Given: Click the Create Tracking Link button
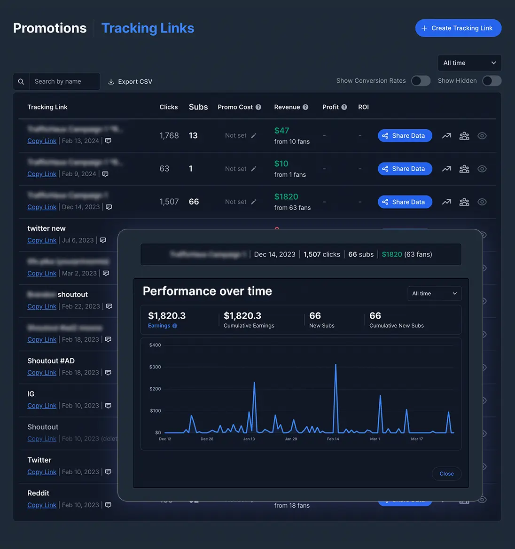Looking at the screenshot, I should click(458, 28).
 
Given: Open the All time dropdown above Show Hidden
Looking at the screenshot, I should click(469, 63).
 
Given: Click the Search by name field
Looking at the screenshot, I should click(64, 81).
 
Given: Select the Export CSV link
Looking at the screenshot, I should click(130, 82).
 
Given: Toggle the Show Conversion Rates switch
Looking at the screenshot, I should click(421, 81).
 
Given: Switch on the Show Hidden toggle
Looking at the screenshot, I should click(492, 81).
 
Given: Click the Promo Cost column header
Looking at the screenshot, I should click(235, 107).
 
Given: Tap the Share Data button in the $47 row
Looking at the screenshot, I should click(405, 136).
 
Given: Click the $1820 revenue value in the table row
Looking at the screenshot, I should click(286, 197).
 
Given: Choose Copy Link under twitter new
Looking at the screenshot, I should click(42, 240).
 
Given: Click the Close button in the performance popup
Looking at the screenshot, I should click(446, 474).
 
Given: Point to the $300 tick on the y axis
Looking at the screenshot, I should click(155, 367).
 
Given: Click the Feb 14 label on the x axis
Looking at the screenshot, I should click(333, 439).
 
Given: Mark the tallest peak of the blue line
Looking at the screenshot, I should click(336, 365).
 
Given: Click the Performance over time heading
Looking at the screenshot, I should click(207, 291).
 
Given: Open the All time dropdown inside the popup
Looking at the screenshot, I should click(434, 294).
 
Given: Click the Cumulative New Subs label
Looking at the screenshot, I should click(396, 326).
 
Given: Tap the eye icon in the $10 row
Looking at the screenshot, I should click(482, 169).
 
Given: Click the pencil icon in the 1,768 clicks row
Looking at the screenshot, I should click(254, 136).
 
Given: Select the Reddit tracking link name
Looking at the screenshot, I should click(38, 493).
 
